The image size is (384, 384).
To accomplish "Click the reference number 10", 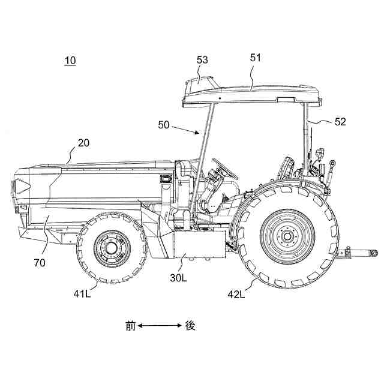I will (x=70, y=60).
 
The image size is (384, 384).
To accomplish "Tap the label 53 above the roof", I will (x=202, y=60).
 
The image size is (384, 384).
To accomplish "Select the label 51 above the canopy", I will (x=256, y=58).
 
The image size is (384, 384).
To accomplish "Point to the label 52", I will (x=340, y=121).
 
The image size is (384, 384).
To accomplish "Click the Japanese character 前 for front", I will (x=130, y=326).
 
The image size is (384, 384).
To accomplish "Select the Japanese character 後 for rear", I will (x=190, y=326).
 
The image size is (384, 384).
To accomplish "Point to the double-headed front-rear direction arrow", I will (x=160, y=326).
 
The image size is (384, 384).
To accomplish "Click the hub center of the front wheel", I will (x=112, y=247).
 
